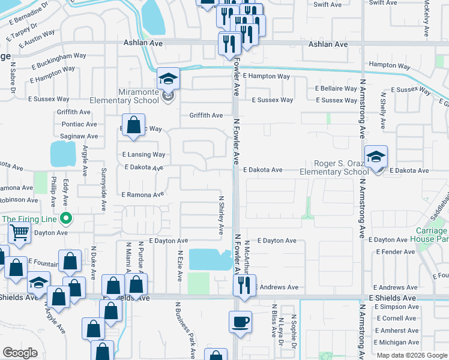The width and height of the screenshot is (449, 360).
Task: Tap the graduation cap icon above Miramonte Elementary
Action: click(x=169, y=79)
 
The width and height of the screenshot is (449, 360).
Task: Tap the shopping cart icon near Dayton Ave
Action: click(x=20, y=232)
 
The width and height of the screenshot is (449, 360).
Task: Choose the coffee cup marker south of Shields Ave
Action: click(x=240, y=322)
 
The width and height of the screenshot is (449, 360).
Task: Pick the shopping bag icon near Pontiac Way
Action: click(x=134, y=125)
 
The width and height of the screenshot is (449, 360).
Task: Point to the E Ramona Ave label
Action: click(x=142, y=195)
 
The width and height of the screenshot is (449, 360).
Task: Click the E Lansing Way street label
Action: click(x=143, y=154)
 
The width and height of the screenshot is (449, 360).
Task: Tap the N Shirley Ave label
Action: click(x=221, y=215)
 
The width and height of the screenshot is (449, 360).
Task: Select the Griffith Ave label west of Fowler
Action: click(x=206, y=115)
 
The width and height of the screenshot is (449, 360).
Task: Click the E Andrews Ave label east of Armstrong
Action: click(x=394, y=287)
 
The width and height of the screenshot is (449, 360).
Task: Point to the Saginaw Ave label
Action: click(x=79, y=137)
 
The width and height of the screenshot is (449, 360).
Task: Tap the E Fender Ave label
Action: click(x=394, y=252)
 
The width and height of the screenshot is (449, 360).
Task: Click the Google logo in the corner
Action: click(x=20, y=352)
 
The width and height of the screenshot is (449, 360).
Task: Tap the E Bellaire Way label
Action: click(x=336, y=88)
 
